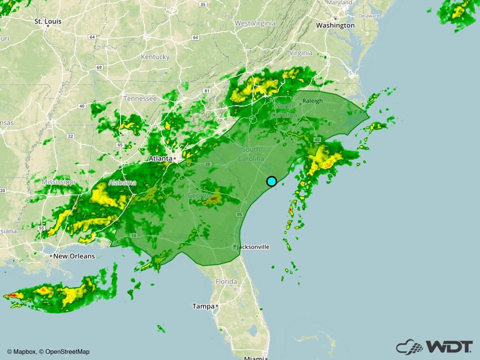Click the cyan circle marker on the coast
272,181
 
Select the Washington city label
335,25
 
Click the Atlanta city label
160,158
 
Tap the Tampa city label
203,306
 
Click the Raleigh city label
313,101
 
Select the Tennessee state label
140,98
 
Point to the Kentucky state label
155,57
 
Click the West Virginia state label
255,23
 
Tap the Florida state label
226,281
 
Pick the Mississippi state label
58,182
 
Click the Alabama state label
122,183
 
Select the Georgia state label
200,196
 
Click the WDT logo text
442,347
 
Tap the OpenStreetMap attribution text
67,351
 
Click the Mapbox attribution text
24,351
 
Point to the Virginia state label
301,53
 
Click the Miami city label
253,357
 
